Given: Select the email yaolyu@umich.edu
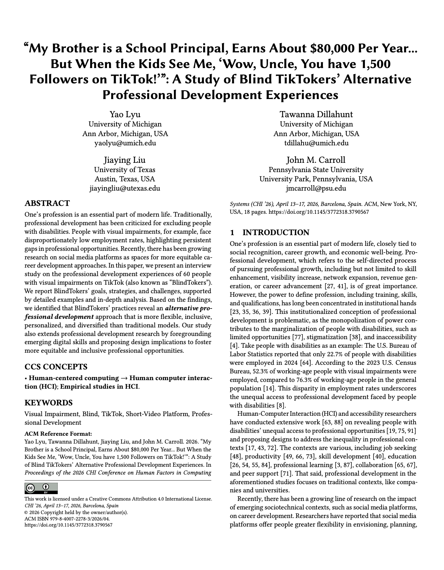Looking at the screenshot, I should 125,143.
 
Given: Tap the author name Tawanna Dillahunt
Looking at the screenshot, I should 316,114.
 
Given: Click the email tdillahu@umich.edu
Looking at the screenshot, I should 316,143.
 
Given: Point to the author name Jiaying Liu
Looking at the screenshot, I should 124,160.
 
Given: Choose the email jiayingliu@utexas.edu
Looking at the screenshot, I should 124,188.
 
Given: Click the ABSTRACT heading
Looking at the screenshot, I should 47,203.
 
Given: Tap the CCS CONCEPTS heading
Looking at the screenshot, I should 56,367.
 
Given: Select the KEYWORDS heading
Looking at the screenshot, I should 48,403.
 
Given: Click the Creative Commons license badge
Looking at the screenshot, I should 41,488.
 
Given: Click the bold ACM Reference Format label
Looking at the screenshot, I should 58,434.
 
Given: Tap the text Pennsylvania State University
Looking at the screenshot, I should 316,170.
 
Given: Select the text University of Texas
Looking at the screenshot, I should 124,170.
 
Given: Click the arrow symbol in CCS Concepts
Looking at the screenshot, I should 124,378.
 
